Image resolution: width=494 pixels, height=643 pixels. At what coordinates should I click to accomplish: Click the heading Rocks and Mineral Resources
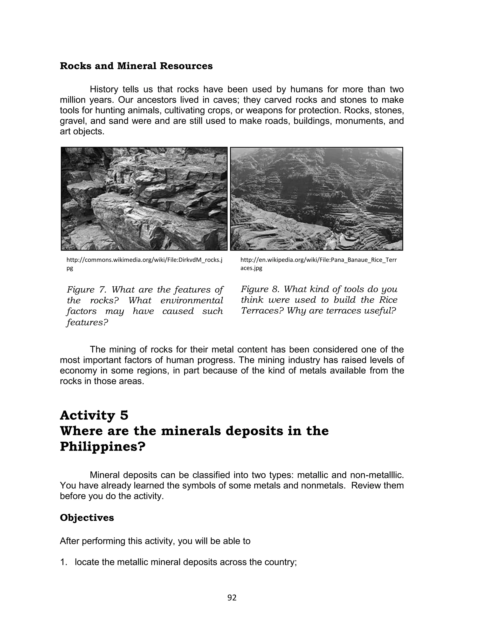136,66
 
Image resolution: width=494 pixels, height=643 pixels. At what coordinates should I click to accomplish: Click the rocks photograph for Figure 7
144,199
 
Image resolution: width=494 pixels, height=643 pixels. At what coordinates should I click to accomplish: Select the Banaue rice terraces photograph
316,199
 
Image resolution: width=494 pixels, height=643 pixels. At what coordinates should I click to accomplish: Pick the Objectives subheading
87,518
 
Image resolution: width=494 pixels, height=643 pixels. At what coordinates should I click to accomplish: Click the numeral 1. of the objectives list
63,562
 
